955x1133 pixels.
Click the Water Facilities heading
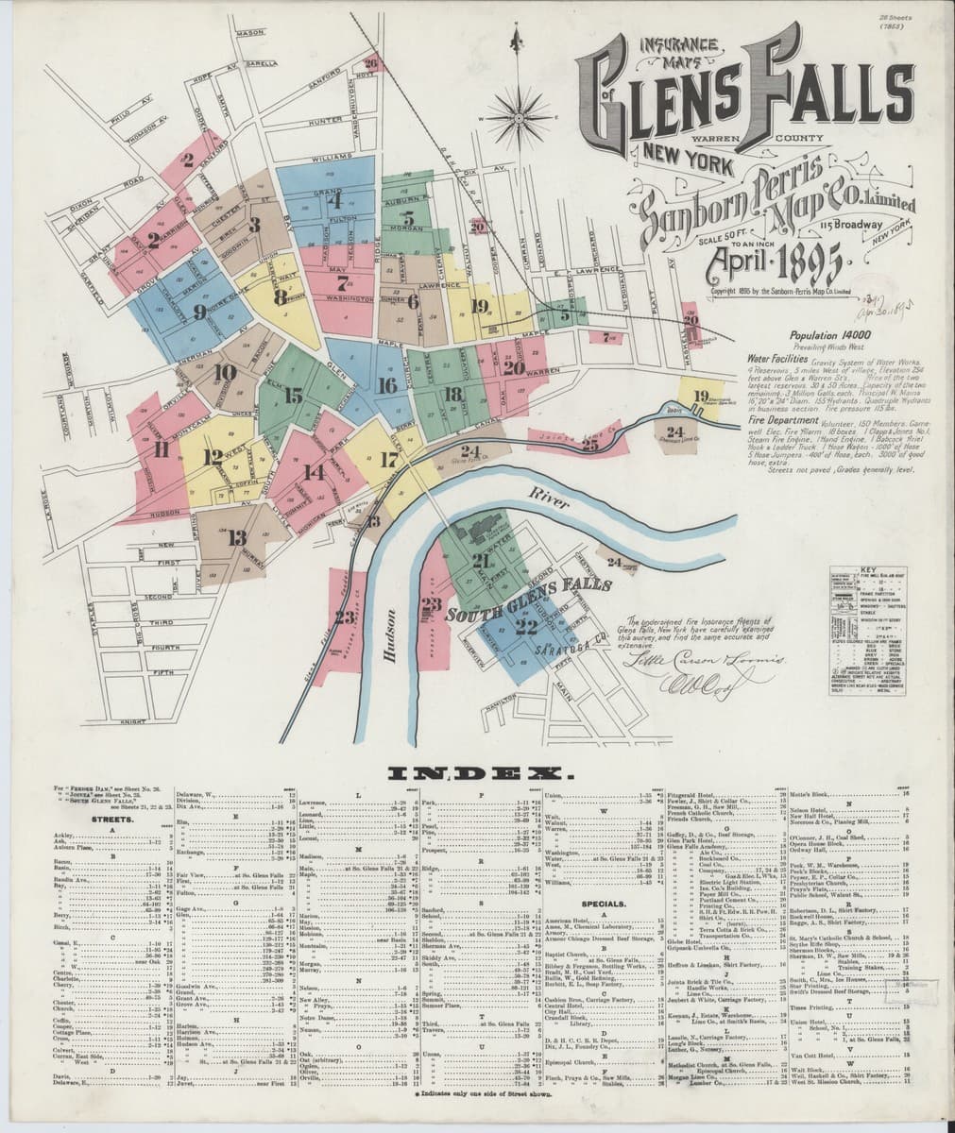coord(776,359)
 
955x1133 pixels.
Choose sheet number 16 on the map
coord(386,385)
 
